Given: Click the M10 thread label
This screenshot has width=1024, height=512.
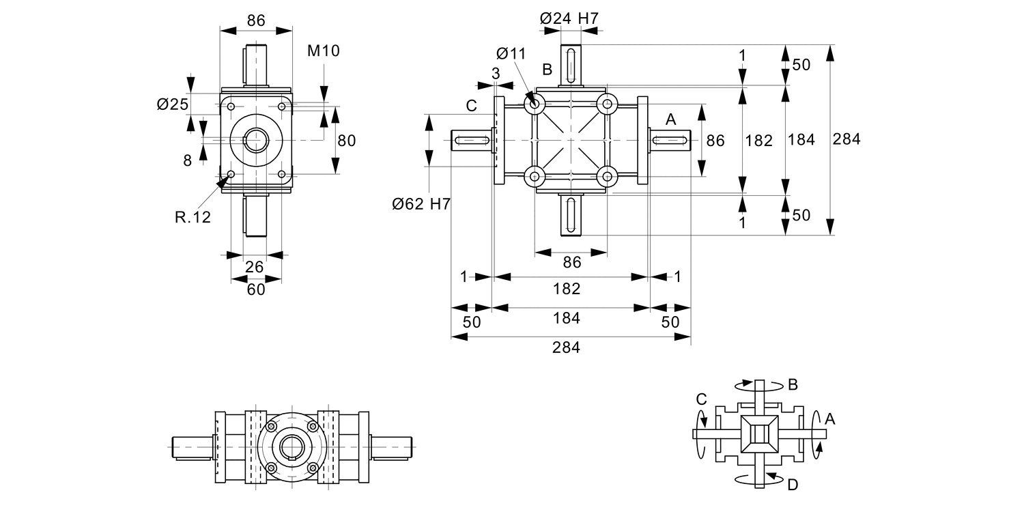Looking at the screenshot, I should click(x=323, y=51).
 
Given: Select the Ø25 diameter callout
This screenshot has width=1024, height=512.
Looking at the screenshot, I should click(x=171, y=104).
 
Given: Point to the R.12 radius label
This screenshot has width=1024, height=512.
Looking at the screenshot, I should click(x=193, y=217).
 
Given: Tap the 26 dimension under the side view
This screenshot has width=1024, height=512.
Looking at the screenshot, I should click(x=255, y=267).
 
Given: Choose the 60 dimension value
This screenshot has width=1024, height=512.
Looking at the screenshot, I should click(x=255, y=289).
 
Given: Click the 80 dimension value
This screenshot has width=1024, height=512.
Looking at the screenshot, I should click(x=347, y=141).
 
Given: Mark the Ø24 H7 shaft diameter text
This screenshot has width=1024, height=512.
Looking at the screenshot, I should click(x=569, y=18).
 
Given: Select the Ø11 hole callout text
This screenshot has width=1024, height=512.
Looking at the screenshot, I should click(x=511, y=53).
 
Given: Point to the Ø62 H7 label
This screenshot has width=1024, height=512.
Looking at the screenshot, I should click(x=421, y=203).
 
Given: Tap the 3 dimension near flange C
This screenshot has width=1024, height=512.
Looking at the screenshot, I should click(x=496, y=72).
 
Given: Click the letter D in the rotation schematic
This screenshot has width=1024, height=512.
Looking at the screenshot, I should click(x=792, y=485).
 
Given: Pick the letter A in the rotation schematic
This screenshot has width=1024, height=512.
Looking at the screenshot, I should click(x=829, y=418).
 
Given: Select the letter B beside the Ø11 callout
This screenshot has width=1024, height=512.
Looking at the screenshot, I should click(x=547, y=69).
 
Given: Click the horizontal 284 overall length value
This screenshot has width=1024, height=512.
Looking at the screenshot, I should click(x=566, y=347).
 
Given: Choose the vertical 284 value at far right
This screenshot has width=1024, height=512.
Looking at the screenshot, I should click(x=847, y=139).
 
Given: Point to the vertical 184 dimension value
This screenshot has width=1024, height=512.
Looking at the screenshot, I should click(x=801, y=139).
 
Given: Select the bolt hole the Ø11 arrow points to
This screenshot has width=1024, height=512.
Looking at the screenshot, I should click(x=533, y=104).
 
